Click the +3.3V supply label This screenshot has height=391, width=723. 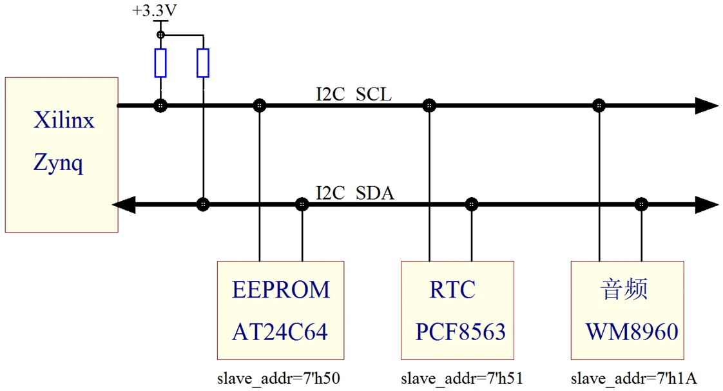tap(154, 12)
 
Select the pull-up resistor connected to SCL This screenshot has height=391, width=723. tap(160, 62)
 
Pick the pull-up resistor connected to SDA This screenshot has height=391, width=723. tap(203, 62)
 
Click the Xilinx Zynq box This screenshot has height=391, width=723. tap(61, 155)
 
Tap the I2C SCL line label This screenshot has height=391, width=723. tap(353, 95)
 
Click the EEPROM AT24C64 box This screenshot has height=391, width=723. tap(281, 310)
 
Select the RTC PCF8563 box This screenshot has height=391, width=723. tap(458, 310)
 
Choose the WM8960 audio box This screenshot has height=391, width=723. tap(628, 310)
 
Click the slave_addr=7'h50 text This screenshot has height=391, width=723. tap(279, 378)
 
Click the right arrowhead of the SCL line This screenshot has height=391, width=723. tap(707, 106)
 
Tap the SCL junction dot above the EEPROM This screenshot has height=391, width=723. tap(259, 106)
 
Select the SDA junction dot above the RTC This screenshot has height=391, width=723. tap(472, 205)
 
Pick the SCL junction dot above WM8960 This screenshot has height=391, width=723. tap(599, 106)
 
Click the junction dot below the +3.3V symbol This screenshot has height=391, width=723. tap(160, 34)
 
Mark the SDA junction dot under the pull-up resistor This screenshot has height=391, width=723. tap(203, 205)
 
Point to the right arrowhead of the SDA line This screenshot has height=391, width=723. tap(707, 205)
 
